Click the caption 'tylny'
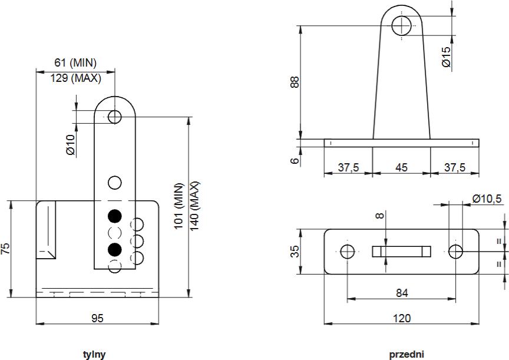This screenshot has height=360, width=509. point(94,354)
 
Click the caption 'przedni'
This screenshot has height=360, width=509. point(406,354)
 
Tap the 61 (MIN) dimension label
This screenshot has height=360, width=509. point(75,62)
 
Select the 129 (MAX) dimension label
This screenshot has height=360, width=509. point(75,78)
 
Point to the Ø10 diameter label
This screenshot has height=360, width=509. point(70,144)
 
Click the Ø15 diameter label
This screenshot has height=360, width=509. point(447,57)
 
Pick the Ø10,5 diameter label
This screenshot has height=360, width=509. point(487,198)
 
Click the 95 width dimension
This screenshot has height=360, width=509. point(97,318)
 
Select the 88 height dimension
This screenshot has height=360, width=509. point(295,82)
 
